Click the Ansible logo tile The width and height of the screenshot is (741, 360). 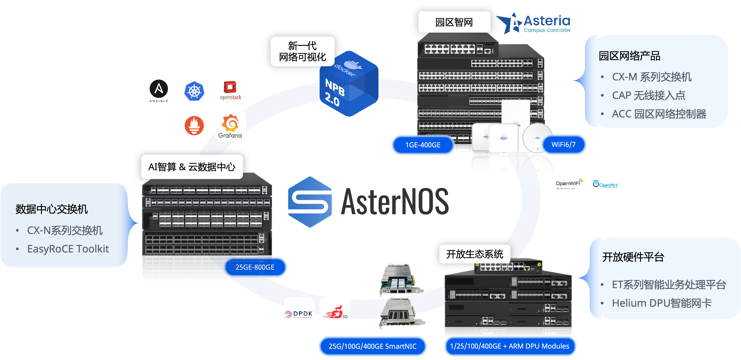[159, 91]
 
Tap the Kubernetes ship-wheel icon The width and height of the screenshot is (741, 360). [194, 91]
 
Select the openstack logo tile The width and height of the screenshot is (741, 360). [230, 91]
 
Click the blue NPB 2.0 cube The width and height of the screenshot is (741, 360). [349, 84]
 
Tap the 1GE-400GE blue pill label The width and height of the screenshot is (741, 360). [423, 145]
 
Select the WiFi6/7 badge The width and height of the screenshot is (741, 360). [564, 144]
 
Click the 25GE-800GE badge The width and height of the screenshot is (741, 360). [255, 267]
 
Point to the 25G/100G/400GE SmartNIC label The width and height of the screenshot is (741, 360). [373, 346]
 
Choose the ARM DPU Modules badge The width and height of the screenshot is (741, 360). [510, 346]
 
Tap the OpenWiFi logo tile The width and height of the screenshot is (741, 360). [569, 184]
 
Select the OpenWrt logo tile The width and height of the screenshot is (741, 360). [605, 184]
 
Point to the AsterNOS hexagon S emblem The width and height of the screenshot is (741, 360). [310, 202]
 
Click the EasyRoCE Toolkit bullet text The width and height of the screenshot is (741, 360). [68, 249]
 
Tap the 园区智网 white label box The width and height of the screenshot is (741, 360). [454, 22]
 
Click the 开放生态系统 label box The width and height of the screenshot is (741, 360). [475, 254]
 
